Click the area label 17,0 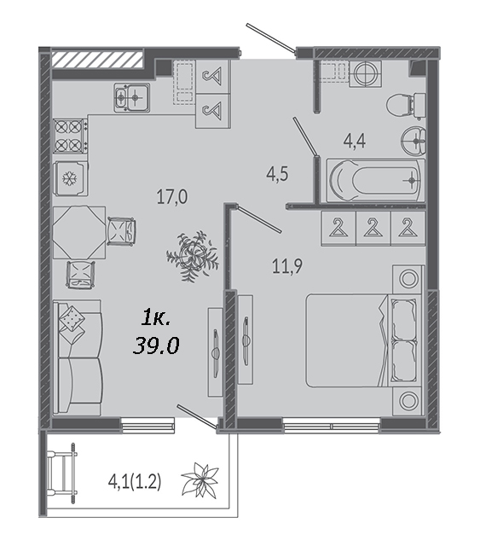(172, 197)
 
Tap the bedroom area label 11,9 (287, 266)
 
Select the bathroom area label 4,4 (355, 142)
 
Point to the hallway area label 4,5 (277, 174)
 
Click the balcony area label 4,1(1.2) (135, 483)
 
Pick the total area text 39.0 (156, 346)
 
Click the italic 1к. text (155, 318)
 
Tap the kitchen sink (132, 97)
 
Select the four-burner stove (70, 136)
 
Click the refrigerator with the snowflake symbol (71, 178)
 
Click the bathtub (376, 180)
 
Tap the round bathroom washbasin (413, 141)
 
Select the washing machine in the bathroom (365, 74)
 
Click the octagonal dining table (79, 232)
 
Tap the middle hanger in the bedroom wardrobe (373, 229)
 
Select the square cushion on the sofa (72, 318)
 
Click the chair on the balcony (62, 473)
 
